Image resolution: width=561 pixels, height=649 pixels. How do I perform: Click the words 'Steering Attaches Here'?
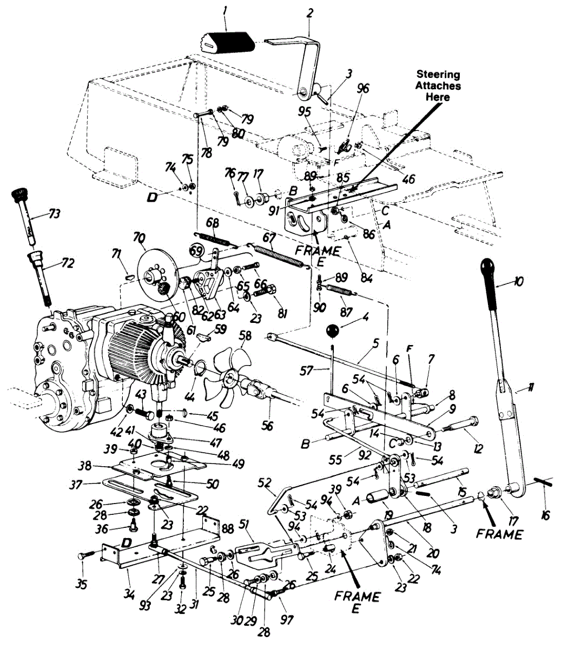[x=438, y=85]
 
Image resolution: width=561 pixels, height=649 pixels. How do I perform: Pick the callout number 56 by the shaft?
[x=266, y=426]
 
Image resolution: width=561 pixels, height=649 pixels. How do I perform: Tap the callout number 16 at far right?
[x=545, y=516]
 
